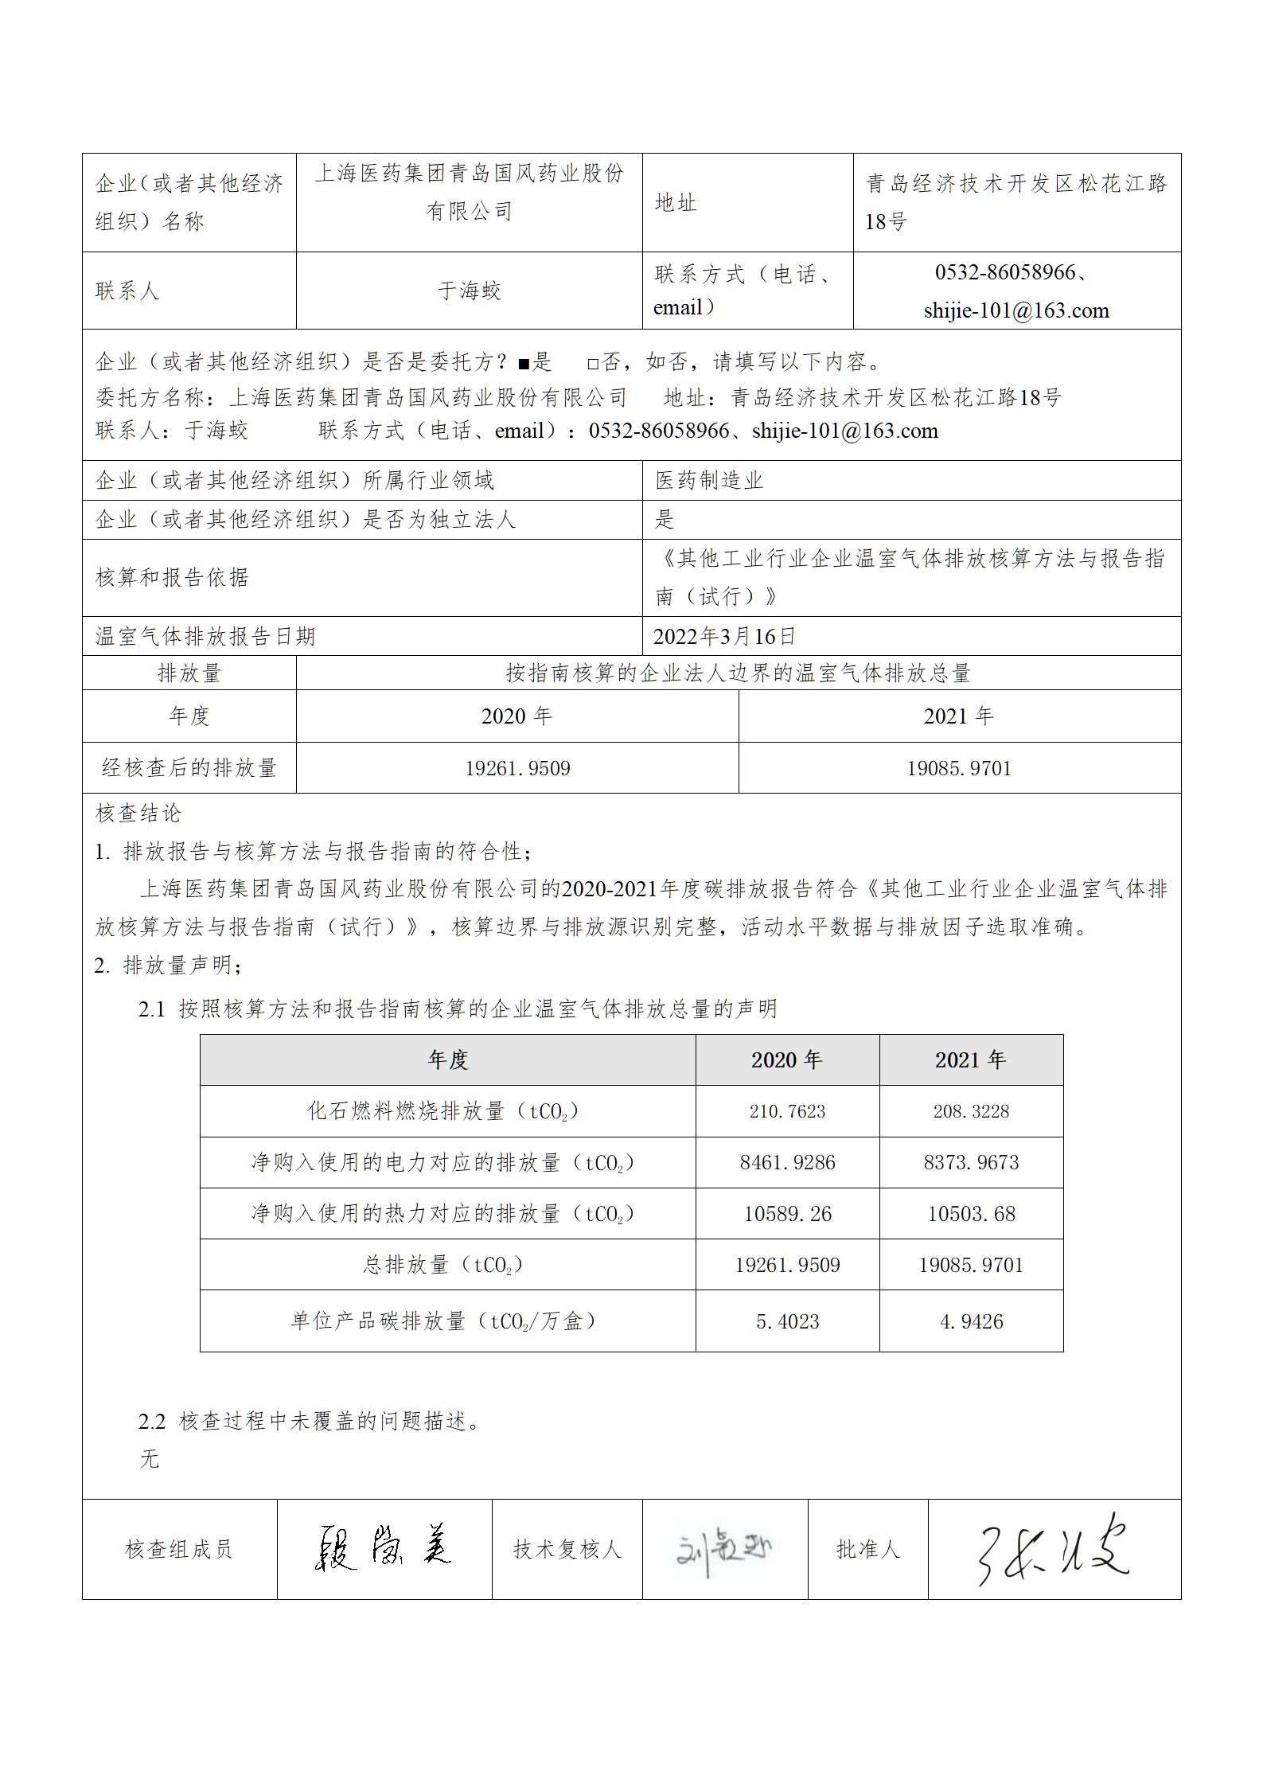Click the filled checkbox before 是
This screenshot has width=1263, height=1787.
(x=524, y=365)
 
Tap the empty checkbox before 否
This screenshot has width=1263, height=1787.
(x=593, y=365)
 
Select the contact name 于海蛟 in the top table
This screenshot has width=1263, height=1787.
(x=470, y=291)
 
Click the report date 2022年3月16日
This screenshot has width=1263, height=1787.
(x=724, y=636)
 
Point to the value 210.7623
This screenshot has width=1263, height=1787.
(x=787, y=1111)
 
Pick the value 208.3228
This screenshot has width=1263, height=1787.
(x=971, y=1111)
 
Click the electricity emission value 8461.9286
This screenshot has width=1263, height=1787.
(x=787, y=1162)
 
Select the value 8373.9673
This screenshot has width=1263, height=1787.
(x=971, y=1162)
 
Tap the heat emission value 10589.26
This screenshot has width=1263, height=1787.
(x=787, y=1214)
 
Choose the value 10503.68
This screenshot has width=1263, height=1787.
(x=971, y=1214)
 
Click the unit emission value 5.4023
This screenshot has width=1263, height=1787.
(x=787, y=1321)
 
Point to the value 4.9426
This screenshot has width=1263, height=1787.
(x=971, y=1321)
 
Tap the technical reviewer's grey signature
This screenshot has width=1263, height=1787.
(x=723, y=1549)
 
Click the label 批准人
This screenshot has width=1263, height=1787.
(x=867, y=1549)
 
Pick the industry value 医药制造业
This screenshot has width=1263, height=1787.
(x=709, y=480)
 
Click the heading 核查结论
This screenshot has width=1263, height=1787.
(x=138, y=813)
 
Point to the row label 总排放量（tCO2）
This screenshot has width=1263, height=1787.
(x=443, y=1265)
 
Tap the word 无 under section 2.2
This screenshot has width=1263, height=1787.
(x=150, y=1459)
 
